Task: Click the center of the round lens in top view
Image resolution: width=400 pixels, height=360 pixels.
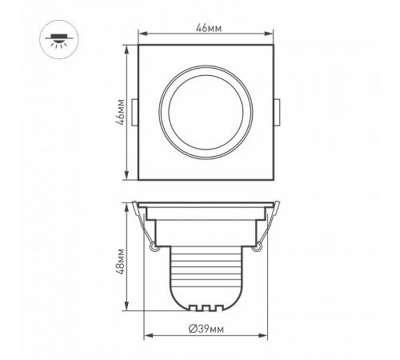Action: (206, 113)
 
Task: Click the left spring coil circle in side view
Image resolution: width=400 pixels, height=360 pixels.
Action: (152, 250)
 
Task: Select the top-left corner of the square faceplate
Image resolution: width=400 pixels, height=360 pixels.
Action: (141, 46)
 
